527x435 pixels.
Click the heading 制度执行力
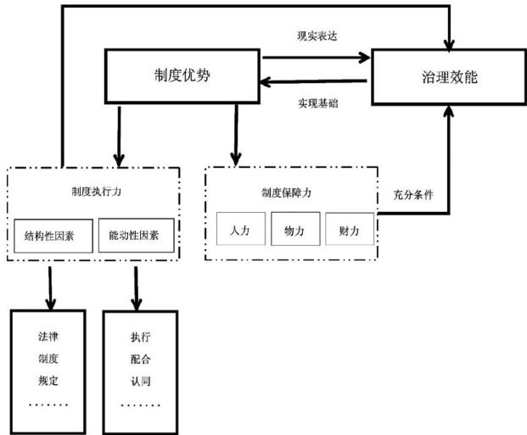coord(95,191)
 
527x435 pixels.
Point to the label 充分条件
coord(413,194)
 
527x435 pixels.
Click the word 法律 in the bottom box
coord(48,337)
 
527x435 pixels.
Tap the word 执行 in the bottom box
coord(140,337)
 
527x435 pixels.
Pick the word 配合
coord(140,358)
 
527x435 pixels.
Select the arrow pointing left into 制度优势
coord(314,82)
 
